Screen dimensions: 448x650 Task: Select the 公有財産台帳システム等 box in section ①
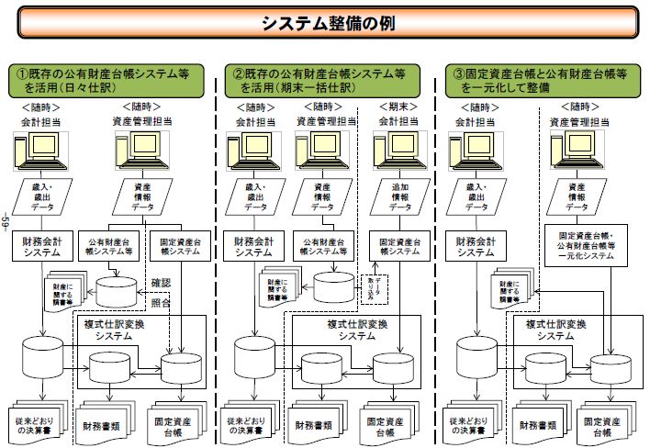[109, 247]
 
